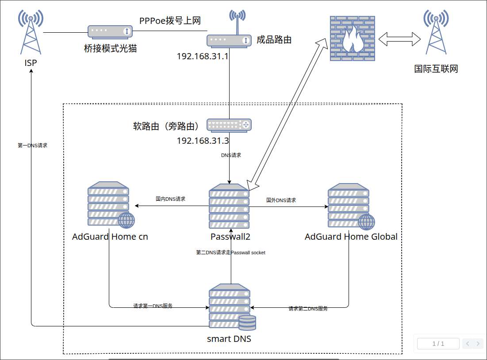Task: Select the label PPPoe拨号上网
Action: point(170,21)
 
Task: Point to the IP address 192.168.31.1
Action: point(202,57)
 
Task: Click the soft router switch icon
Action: point(229,126)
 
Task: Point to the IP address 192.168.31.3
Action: point(203,141)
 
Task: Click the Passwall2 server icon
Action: point(229,207)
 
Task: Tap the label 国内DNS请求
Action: point(170,199)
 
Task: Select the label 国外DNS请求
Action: point(281,200)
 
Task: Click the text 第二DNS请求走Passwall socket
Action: point(230,253)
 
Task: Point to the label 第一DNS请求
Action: point(32,146)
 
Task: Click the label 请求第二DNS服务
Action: point(308,309)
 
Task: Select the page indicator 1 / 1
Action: point(438,344)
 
